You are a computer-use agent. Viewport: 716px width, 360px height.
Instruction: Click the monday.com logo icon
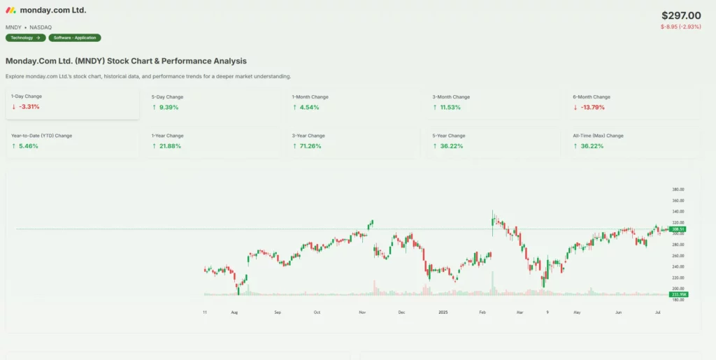10,10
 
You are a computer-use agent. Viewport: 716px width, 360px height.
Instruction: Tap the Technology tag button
26,38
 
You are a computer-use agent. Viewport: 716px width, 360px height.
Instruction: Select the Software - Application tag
75,38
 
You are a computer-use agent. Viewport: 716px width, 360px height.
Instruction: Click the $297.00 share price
681,15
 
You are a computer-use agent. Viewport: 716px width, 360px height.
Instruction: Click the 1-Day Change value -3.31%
29,107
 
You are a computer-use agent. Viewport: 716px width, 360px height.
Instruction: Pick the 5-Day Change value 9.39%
169,107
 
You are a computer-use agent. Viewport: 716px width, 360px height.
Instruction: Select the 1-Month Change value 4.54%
309,107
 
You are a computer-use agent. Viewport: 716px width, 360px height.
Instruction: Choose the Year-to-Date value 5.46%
29,146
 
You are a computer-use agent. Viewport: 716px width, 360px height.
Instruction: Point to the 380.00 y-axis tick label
677,189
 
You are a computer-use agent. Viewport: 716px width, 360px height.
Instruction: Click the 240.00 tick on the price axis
677,266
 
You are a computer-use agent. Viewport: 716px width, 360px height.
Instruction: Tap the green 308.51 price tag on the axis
678,229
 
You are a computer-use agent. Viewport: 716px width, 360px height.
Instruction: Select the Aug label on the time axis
235,312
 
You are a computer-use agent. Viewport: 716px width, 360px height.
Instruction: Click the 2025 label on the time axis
442,312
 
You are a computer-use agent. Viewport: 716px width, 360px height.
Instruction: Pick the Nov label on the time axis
361,312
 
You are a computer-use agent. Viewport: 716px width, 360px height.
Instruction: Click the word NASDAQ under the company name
41,27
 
